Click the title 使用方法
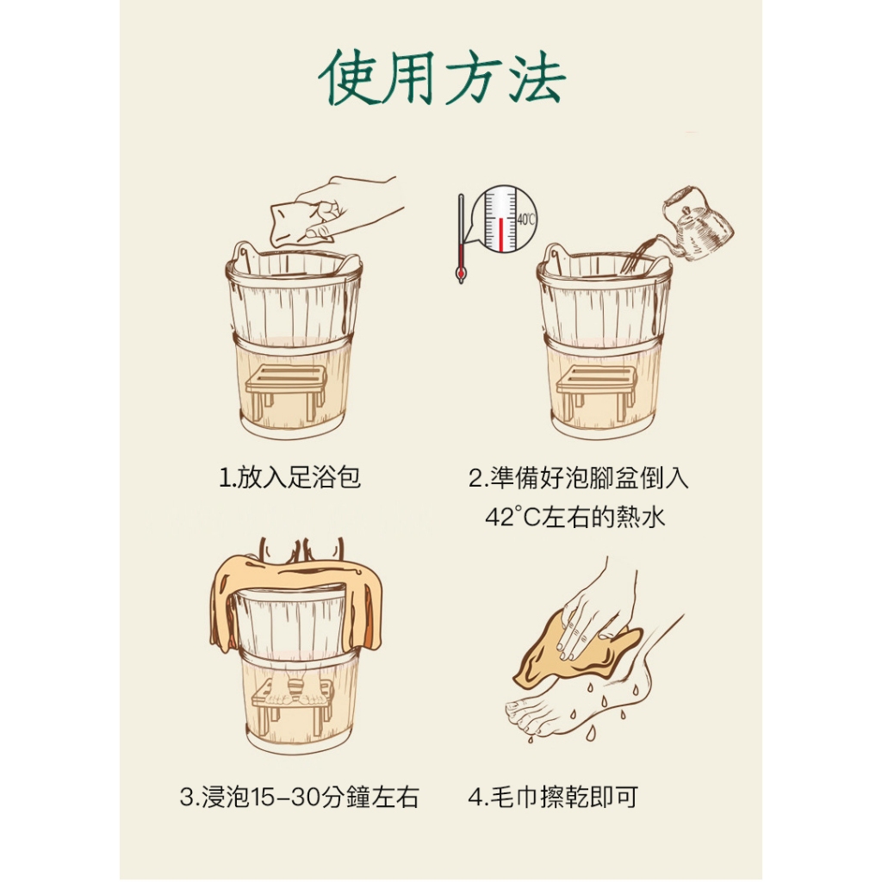(442, 78)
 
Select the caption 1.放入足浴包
(289, 477)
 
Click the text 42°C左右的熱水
(575, 517)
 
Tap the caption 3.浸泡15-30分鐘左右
(299, 797)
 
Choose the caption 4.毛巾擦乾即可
(553, 797)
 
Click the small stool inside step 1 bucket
(287, 391)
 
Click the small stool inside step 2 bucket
(597, 391)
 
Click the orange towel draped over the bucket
(297, 599)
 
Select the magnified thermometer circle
(505, 219)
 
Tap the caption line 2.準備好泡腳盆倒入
(578, 477)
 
